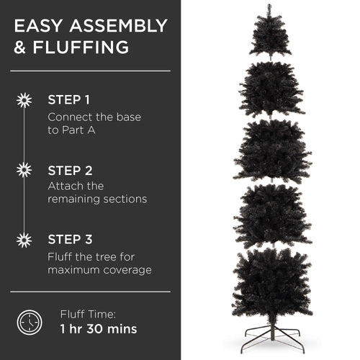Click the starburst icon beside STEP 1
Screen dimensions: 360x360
24,100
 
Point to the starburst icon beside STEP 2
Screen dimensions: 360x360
24,170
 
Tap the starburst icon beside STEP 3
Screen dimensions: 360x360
24,240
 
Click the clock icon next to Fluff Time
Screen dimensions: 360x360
30,321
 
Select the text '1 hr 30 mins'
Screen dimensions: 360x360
99,330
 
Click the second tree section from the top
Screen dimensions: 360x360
271,88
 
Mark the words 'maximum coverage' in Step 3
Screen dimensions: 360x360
99,270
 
